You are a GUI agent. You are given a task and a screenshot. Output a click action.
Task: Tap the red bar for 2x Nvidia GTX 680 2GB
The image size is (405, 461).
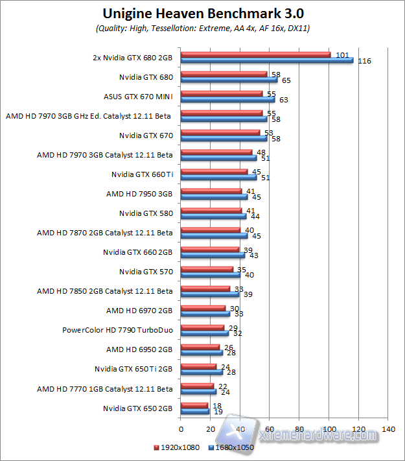tap(255, 54)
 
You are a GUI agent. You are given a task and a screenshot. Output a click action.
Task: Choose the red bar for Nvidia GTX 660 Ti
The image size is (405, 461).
tap(214, 172)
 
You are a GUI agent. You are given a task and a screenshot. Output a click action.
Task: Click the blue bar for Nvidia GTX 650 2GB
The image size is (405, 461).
tap(194, 411)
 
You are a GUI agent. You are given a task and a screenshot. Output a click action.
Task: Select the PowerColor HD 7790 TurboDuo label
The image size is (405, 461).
tap(117, 330)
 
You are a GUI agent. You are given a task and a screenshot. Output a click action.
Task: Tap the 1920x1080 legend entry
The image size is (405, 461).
tap(176, 447)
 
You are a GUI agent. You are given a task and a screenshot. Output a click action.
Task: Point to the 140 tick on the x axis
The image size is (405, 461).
tap(388, 429)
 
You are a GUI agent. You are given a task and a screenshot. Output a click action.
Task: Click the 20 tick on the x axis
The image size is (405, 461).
tap(210, 429)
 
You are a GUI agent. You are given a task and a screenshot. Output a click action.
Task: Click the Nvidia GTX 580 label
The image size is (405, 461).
tap(146, 213)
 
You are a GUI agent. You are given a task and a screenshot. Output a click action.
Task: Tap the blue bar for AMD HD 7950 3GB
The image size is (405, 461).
tap(214, 197)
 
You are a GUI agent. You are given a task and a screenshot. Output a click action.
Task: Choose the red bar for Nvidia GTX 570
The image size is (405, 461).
tap(207, 269)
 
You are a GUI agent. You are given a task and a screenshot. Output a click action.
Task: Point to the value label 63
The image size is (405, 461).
tap(283, 100)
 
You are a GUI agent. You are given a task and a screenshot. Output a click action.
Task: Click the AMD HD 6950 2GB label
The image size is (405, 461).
tap(139, 349)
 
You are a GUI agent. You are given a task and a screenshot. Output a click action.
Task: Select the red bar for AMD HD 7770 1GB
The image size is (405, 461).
tap(197, 386)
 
